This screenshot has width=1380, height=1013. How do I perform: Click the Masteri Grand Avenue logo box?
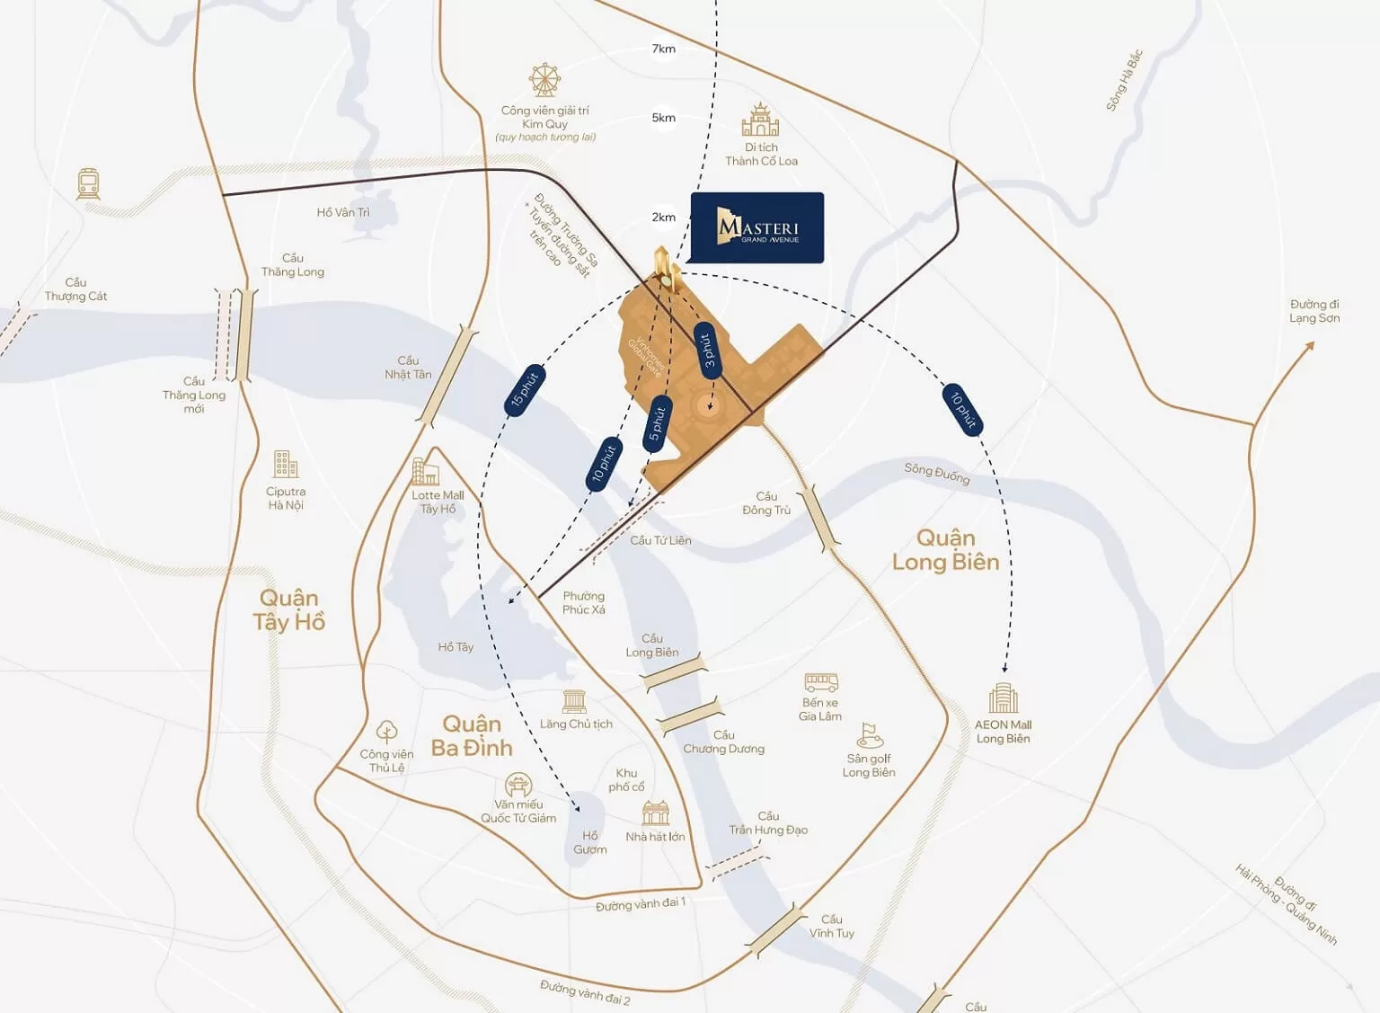[756, 227]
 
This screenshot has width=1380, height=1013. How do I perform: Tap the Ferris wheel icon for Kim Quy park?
[544, 81]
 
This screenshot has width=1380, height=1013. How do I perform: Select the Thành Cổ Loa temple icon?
[760, 120]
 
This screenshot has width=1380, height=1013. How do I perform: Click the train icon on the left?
[88, 184]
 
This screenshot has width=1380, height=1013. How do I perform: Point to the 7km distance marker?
[664, 49]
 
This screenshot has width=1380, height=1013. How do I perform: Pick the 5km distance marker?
[664, 118]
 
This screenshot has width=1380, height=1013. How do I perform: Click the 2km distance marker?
[664, 217]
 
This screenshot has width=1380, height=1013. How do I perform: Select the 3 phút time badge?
[707, 350]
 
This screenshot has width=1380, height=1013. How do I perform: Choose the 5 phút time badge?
[658, 423]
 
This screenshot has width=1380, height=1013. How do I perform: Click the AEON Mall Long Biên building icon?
[1004, 698]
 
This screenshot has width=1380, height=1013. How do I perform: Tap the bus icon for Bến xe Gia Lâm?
[820, 683]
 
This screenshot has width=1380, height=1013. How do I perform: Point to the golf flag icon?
[869, 735]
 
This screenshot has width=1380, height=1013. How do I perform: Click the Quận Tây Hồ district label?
[288, 610]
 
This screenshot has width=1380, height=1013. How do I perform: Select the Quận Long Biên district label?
[945, 550]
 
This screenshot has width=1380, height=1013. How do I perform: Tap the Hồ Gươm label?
[589, 842]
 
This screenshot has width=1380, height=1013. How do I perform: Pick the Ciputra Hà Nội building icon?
[286, 465]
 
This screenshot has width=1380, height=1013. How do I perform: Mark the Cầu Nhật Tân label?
[408, 368]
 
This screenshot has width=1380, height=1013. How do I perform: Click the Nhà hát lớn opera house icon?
[656, 813]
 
